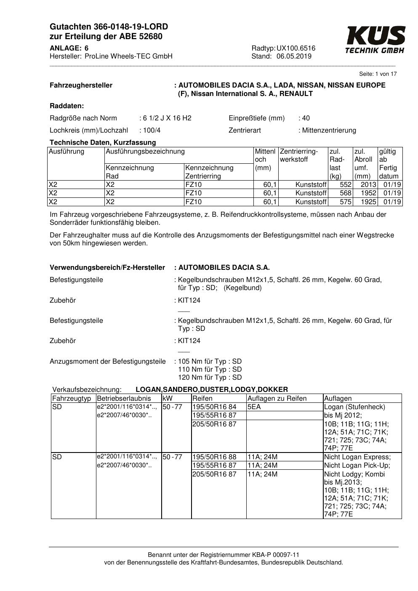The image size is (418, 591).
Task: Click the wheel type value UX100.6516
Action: (296, 48)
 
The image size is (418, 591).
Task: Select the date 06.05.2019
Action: (294, 56)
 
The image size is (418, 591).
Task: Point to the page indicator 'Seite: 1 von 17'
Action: (378, 74)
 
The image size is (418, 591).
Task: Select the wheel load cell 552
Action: (345, 185)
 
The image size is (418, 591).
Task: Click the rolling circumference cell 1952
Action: (368, 193)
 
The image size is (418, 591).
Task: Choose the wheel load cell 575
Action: (345, 202)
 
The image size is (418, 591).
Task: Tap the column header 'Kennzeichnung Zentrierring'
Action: (209, 172)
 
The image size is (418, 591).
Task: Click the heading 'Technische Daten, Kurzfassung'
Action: (103, 142)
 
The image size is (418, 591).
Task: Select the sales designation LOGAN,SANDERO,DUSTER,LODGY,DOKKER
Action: (212, 390)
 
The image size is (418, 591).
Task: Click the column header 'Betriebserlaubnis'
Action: (124, 399)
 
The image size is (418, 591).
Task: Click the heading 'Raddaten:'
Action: (67, 106)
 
